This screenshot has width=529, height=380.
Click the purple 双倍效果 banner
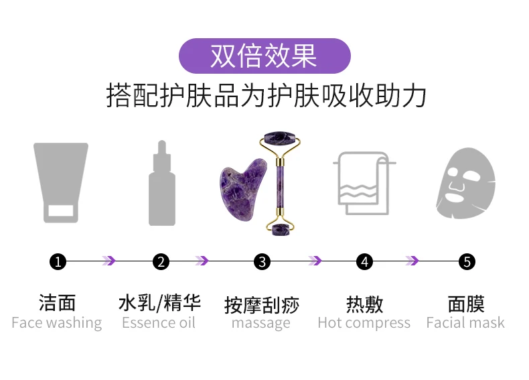pyautogui.click(x=264, y=56)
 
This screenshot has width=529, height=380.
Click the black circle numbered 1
pyautogui.click(x=58, y=261)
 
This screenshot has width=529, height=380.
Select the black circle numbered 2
pyautogui.click(x=161, y=261)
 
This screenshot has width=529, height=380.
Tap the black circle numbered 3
pyautogui.click(x=262, y=261)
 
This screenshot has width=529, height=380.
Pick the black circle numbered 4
pyautogui.click(x=364, y=261)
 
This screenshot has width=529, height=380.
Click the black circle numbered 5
pyautogui.click(x=467, y=261)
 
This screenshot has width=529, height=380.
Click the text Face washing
pyautogui.click(x=57, y=323)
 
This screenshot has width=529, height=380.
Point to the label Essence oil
pyautogui.click(x=159, y=323)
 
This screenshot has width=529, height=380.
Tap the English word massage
pyautogui.click(x=261, y=324)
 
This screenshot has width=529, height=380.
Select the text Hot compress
pyautogui.click(x=364, y=323)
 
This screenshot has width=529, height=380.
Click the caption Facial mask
pyautogui.click(x=465, y=323)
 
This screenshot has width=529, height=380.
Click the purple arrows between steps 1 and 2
pyautogui.click(x=108, y=261)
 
